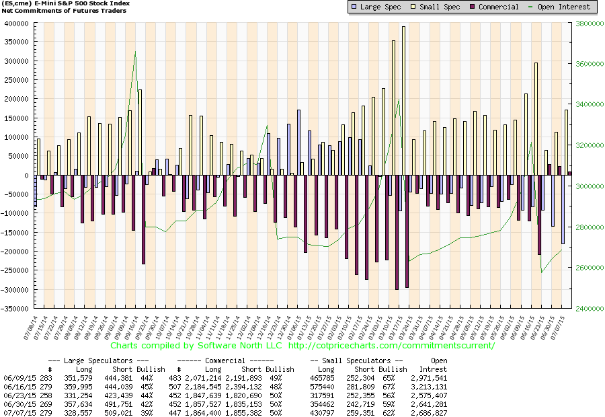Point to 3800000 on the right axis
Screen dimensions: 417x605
(x=586, y=23)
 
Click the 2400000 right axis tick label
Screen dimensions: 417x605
(x=586, y=309)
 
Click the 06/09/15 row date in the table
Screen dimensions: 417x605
(x=18, y=378)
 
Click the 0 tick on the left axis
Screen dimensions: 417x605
(x=30, y=175)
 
